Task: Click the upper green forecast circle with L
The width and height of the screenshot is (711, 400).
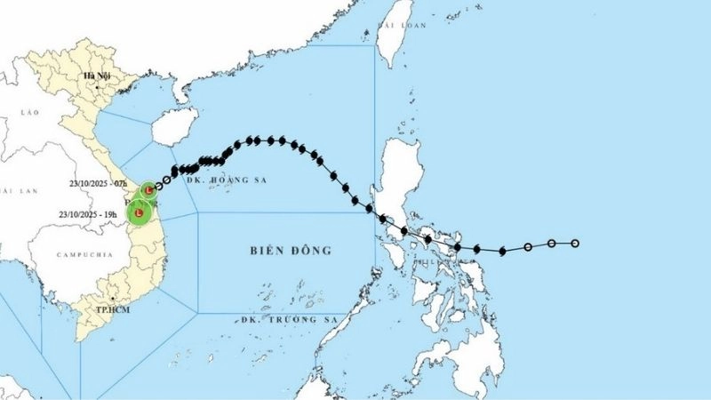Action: [x=148, y=189]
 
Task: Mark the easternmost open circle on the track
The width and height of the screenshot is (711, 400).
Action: [x=575, y=244]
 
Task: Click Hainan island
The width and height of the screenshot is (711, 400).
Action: [x=173, y=127]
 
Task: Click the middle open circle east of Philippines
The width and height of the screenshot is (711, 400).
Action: [x=551, y=244]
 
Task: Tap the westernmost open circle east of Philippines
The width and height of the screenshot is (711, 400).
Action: [x=528, y=246]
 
